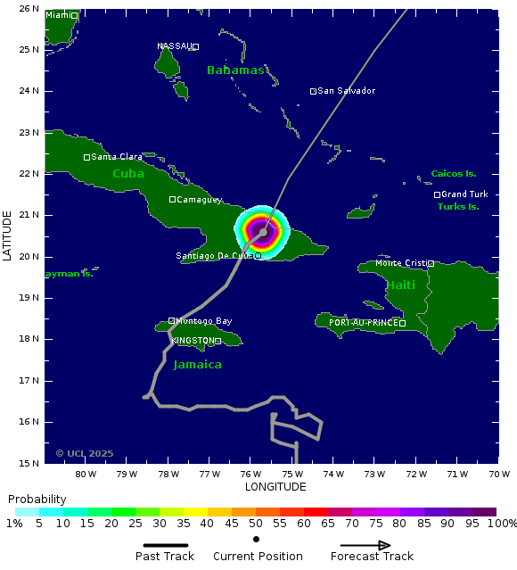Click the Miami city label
click(x=57, y=15)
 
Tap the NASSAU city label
click(x=174, y=46)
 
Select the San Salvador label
click(x=347, y=91)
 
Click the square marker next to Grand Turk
click(x=438, y=194)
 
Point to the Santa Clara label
click(x=117, y=157)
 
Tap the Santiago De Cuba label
click(x=214, y=256)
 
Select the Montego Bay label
click(x=204, y=321)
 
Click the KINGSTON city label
click(x=193, y=341)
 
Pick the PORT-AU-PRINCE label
click(x=364, y=323)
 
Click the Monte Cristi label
click(x=400, y=263)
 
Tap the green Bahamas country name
click(x=235, y=70)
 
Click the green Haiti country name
click(x=400, y=285)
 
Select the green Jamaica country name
click(x=197, y=365)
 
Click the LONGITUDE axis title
click(x=275, y=487)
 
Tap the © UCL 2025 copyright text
click(x=85, y=453)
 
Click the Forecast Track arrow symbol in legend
click(x=365, y=545)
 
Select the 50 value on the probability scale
click(x=256, y=524)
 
